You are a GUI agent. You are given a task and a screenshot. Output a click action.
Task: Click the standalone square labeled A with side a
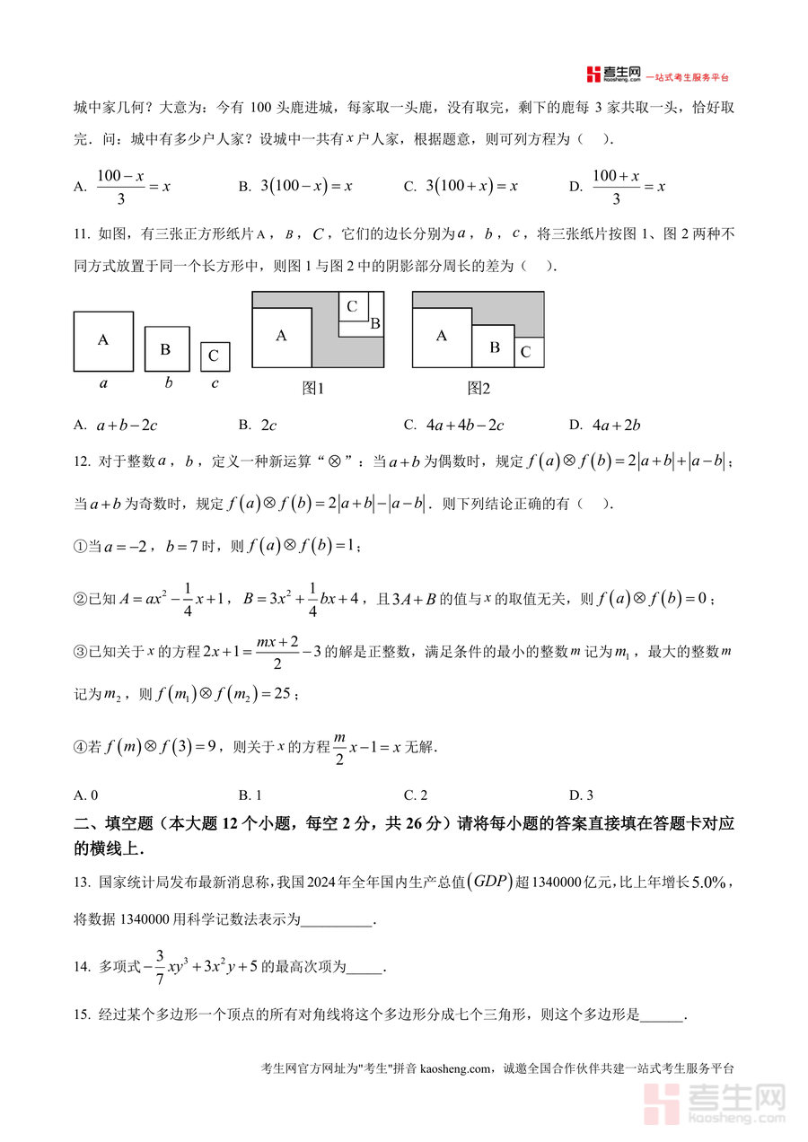pos(103,341)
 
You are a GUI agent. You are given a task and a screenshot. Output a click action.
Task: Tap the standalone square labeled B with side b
pos(166,349)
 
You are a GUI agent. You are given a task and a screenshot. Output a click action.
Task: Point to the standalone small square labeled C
pos(214,356)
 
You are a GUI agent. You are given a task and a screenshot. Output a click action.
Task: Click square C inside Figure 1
pos(353,307)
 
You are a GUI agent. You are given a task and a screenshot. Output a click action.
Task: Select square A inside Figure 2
pos(442,337)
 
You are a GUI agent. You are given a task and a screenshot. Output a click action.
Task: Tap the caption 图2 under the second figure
pos(479,389)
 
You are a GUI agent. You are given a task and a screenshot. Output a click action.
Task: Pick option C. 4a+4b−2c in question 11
pos(453,425)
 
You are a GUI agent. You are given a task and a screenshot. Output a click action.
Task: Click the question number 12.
pos(82,461)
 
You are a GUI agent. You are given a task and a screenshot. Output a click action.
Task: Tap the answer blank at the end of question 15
pos(663,1015)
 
